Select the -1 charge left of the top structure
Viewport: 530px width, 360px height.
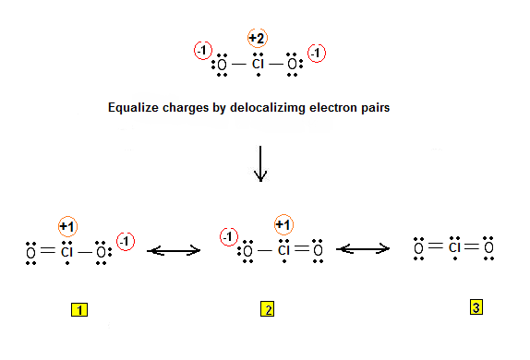click(201, 52)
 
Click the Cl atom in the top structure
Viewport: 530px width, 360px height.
click(259, 65)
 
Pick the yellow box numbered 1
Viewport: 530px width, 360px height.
click(81, 311)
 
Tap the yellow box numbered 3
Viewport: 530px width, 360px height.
click(476, 308)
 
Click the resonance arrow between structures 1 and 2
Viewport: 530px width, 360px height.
click(175, 249)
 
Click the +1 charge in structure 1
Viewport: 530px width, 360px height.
click(67, 226)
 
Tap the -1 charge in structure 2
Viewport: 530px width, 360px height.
click(227, 237)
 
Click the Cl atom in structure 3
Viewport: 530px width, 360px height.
click(454, 247)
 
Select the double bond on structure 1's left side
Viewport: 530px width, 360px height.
click(47, 250)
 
